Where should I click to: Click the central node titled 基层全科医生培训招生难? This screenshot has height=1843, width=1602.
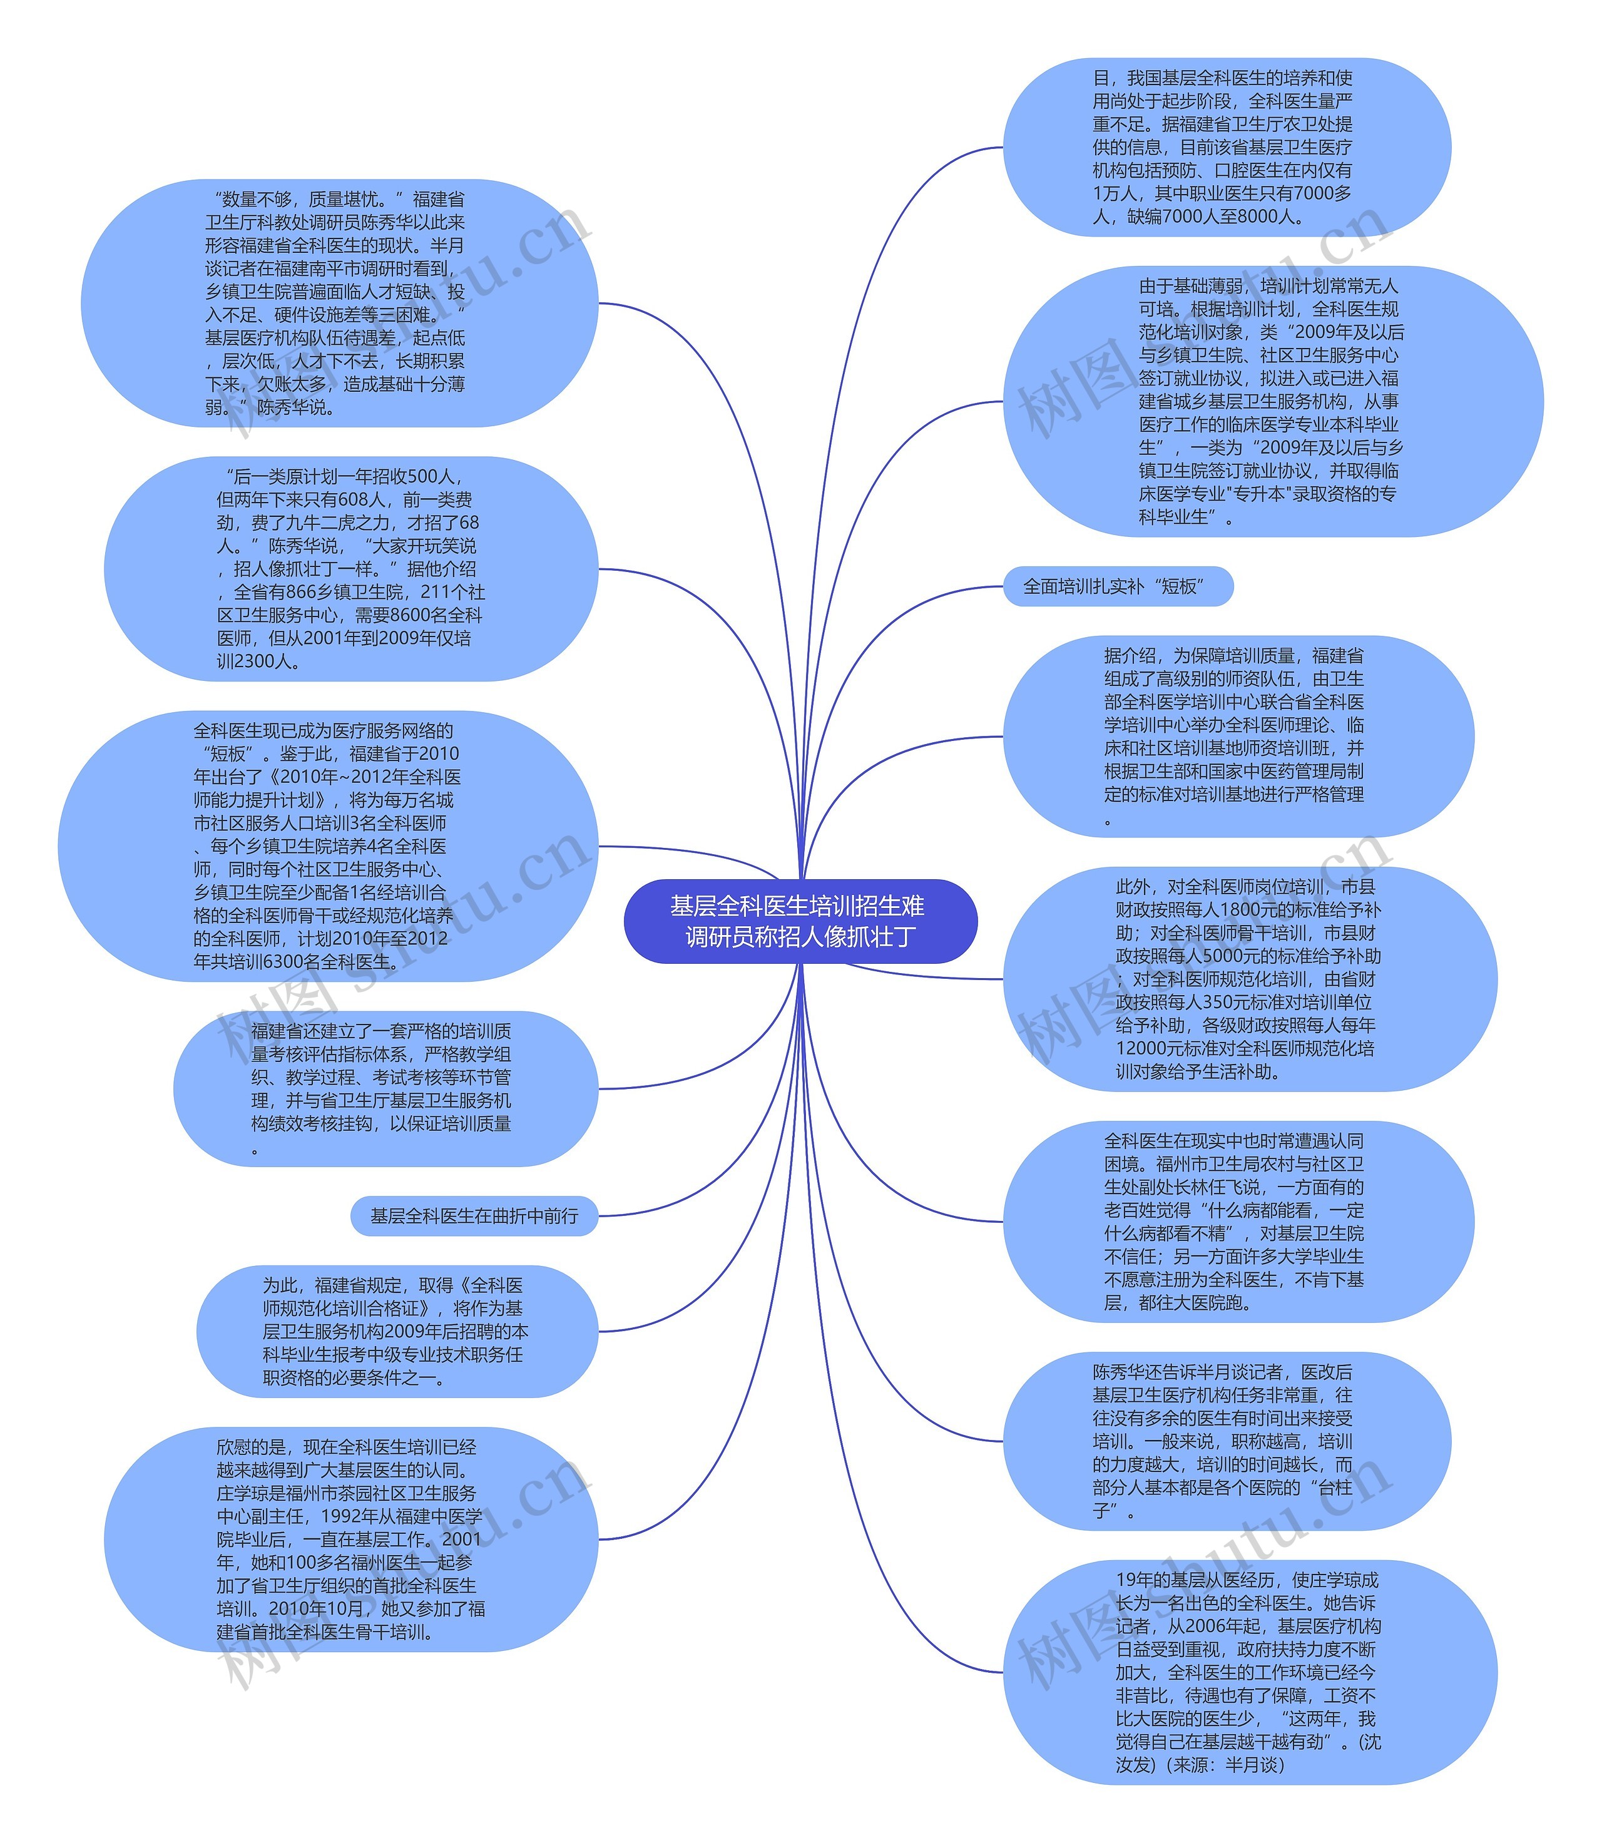[x=800, y=921]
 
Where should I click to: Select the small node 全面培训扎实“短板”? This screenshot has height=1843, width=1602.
[x=1118, y=586]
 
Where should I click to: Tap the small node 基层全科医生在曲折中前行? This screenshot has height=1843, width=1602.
[x=474, y=1215]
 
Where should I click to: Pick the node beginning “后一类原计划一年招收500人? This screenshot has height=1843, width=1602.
[x=350, y=568]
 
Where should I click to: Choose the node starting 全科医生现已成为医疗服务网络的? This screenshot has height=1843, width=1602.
[x=328, y=845]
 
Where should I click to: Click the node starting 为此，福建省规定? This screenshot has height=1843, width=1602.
[x=397, y=1331]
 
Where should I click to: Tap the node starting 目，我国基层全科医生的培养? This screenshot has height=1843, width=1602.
[x=1227, y=148]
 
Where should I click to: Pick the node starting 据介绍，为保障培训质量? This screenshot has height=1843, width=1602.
[x=1238, y=737]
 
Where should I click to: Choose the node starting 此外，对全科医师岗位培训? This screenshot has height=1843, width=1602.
[x=1250, y=979]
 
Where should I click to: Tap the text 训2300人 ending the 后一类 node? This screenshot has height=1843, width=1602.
[x=259, y=661]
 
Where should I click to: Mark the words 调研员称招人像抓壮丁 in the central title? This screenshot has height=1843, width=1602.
[x=800, y=937]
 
